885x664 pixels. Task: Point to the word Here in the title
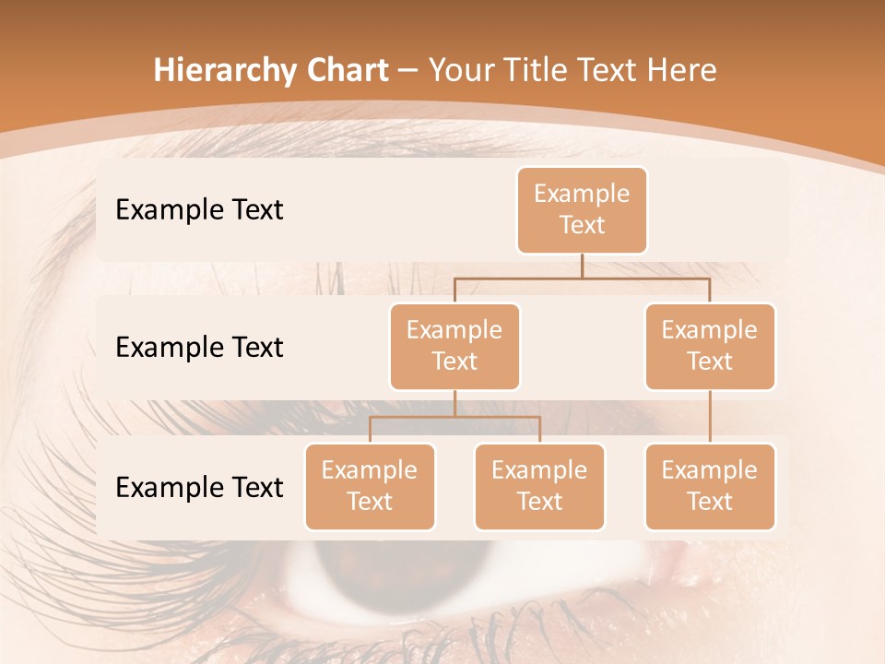[x=682, y=70]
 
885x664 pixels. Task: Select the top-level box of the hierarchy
[x=582, y=210]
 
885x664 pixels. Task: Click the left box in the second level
[x=454, y=346]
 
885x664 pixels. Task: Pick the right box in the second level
[x=710, y=346]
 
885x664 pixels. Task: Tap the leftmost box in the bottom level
[x=370, y=486]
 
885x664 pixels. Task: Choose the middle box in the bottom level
[x=539, y=486]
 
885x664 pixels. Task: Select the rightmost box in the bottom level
[x=710, y=486]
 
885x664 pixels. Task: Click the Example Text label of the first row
[x=199, y=210]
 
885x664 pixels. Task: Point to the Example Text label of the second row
[x=199, y=348]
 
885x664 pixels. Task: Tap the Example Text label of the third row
[x=199, y=487]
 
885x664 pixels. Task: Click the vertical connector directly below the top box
[x=582, y=266]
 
